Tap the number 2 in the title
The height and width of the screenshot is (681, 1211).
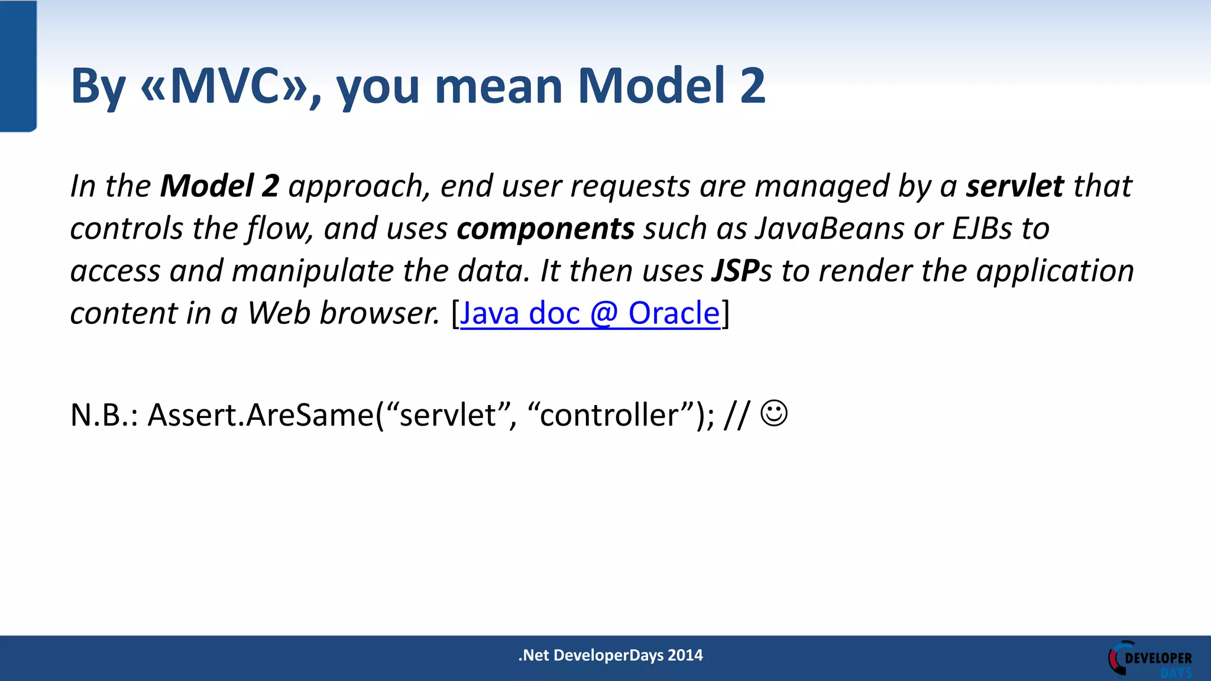point(752,86)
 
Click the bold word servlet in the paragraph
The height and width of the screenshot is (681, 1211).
point(1015,186)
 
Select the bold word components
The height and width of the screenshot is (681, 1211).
point(545,229)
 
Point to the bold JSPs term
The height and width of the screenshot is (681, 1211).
point(741,271)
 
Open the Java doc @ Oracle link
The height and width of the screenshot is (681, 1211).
point(590,313)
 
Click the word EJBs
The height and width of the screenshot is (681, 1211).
point(982,229)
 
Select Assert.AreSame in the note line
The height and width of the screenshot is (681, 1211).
point(260,415)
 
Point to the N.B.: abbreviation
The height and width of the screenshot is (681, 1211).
point(104,415)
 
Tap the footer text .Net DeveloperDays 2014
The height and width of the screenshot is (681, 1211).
point(610,656)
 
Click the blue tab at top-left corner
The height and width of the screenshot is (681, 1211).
point(18,65)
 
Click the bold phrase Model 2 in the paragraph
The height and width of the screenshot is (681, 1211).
point(219,186)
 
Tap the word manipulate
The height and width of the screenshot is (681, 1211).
point(312,271)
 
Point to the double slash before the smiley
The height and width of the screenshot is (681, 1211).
point(737,415)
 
